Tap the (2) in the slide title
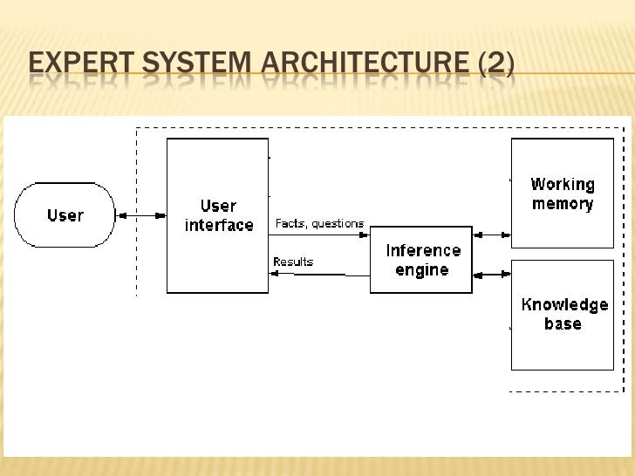tap(495, 65)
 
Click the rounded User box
tap(65, 215)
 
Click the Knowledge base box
tap(563, 314)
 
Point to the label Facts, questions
tap(319, 223)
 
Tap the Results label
tap(293, 262)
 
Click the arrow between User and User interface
tap(140, 215)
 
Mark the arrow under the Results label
tap(319, 274)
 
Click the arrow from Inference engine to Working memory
tap(491, 234)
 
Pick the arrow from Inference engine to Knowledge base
tap(491, 274)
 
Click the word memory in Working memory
tap(563, 205)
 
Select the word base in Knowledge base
tap(563, 323)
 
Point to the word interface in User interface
tap(218, 225)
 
